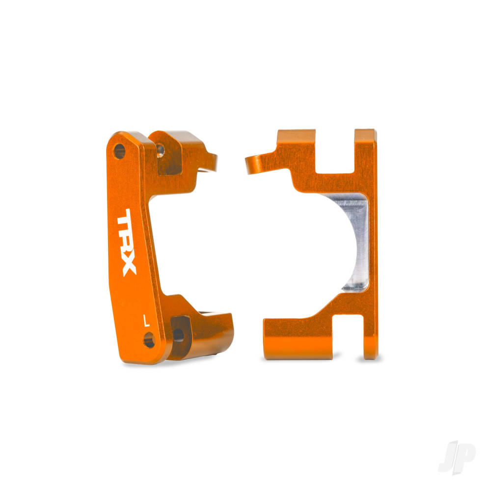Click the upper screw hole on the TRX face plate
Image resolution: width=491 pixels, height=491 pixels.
pos(119,151)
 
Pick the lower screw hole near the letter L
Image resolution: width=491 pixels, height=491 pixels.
pos(149,339)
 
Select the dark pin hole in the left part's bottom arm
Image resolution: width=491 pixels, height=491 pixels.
pos(179,335)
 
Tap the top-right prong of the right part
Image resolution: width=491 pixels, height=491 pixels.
pos(365,147)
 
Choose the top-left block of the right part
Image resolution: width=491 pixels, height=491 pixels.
pos(297,147)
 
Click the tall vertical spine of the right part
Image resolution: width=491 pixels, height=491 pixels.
pos(371,245)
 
